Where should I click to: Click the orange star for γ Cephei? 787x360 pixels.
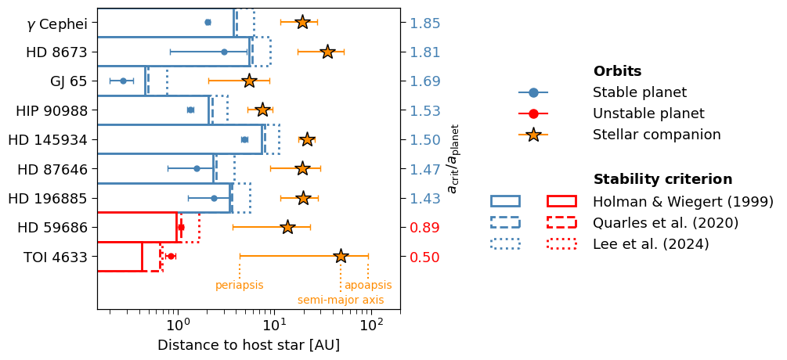[x=302, y=22]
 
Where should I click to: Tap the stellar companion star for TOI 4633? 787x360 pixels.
[x=341, y=256]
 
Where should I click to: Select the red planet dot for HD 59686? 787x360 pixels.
[x=181, y=227]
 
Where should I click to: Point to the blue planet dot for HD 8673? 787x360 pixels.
[x=224, y=52]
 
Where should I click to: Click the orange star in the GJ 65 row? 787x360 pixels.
[x=249, y=81]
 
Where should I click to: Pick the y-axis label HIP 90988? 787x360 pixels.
[x=52, y=110]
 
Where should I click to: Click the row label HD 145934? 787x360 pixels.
[x=48, y=139]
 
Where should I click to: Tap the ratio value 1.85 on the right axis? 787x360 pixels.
[x=425, y=23]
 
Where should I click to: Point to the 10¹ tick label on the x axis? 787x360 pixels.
[x=273, y=325]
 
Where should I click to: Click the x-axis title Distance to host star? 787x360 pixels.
[x=248, y=345]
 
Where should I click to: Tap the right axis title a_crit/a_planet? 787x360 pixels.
[x=453, y=157]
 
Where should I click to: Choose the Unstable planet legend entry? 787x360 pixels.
[x=648, y=113]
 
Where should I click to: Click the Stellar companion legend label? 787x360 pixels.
[x=656, y=135]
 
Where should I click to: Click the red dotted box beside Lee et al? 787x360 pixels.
[x=561, y=243]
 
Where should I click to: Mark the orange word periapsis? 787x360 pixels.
[x=239, y=286]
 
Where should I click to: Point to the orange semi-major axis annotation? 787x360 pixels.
[x=341, y=300]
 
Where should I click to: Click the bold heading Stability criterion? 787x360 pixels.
[x=662, y=179]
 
